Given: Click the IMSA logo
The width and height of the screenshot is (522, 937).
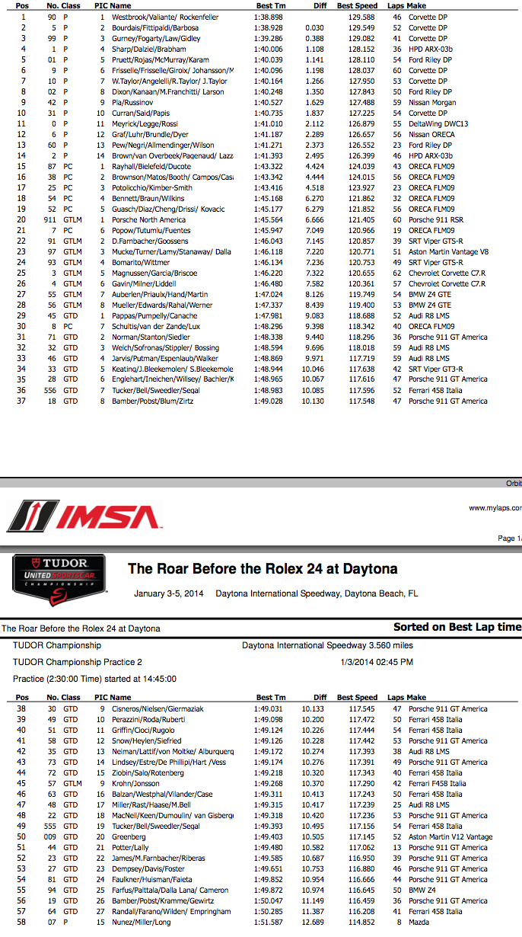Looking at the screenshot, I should coord(84,516).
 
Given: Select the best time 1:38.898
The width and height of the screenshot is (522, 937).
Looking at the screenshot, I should coord(270,16).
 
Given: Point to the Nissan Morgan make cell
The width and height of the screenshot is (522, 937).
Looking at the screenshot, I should coord(432,103).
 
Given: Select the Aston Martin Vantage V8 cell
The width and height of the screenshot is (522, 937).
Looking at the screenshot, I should coord(449,251).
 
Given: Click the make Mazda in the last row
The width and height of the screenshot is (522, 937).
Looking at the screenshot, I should coord(419,923).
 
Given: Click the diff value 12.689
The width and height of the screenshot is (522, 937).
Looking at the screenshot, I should coord(313,923).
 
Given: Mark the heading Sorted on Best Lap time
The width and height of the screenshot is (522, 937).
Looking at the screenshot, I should coord(457,627).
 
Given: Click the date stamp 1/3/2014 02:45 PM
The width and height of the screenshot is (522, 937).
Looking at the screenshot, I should coord(377,662).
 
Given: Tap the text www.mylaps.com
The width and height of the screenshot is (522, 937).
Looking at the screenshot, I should coord(495,508).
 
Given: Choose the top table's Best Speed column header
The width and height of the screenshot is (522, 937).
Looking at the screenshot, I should coord(357,5).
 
